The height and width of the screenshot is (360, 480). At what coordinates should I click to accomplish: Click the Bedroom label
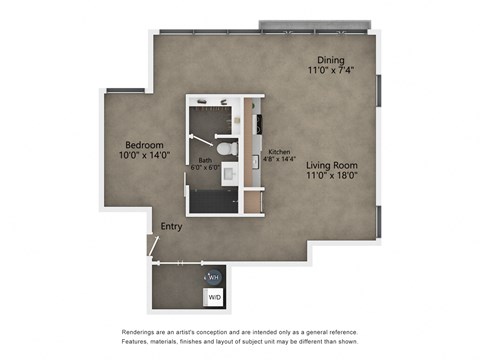pyautogui.click(x=145, y=143)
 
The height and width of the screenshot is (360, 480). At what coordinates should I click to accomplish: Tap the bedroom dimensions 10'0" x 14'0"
pyautogui.click(x=145, y=155)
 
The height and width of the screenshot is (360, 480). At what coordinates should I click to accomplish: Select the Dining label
pyautogui.click(x=331, y=59)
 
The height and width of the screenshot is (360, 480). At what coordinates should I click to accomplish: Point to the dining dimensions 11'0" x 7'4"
pyautogui.click(x=331, y=71)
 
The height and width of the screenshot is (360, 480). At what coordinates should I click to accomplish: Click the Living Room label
pyautogui.click(x=331, y=164)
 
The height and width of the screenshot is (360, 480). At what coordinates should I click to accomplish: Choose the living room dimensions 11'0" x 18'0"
pyautogui.click(x=331, y=176)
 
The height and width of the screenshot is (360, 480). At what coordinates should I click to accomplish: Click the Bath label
pyautogui.click(x=205, y=160)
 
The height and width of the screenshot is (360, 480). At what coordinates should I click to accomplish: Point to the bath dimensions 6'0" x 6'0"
pyautogui.click(x=205, y=168)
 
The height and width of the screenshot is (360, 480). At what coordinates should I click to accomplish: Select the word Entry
pyautogui.click(x=172, y=227)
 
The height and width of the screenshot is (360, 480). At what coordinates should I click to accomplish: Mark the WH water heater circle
pyautogui.click(x=212, y=277)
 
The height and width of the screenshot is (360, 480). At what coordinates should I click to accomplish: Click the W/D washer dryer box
pyautogui.click(x=214, y=297)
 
